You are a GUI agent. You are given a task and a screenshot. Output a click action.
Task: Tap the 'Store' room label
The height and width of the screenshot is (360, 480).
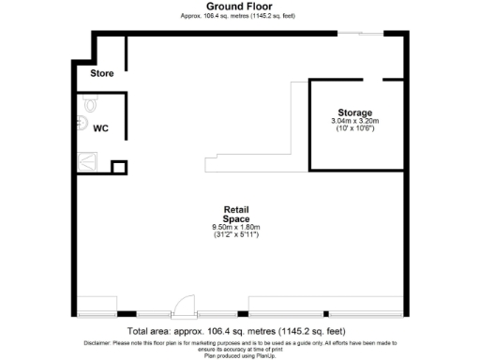click(102, 73)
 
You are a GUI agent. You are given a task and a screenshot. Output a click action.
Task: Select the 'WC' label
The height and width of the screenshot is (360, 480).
click(101, 130)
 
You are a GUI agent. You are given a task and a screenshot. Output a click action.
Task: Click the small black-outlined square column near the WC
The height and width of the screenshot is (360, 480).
click(118, 168)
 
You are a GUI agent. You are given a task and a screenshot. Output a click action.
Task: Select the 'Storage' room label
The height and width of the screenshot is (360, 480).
click(354, 112)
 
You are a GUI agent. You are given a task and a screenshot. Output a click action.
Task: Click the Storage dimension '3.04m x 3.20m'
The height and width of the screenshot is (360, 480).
click(354, 121)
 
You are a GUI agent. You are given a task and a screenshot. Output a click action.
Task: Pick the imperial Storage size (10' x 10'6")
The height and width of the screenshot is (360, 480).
click(354, 128)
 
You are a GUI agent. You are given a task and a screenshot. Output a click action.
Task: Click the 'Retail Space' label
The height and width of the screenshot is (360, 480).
click(235, 214)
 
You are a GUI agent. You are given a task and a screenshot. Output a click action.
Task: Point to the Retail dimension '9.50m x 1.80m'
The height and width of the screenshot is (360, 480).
click(235, 227)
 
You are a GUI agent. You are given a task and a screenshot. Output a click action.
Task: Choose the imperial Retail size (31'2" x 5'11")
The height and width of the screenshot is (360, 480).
click(235, 234)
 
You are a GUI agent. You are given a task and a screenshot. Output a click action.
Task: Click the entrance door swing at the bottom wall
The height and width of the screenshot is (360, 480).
click(185, 305)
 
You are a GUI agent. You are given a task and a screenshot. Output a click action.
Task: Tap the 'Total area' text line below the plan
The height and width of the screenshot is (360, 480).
click(236, 331)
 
